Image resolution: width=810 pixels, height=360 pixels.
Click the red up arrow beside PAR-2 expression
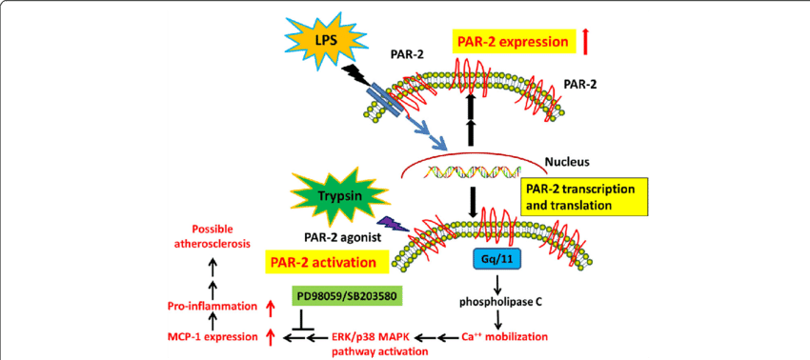coord(586,40)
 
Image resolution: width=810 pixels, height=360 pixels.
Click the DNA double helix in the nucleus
coord(467,172)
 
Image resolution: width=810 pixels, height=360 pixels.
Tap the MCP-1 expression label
coord(212,336)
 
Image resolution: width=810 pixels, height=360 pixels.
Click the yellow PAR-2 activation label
coord(325,260)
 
